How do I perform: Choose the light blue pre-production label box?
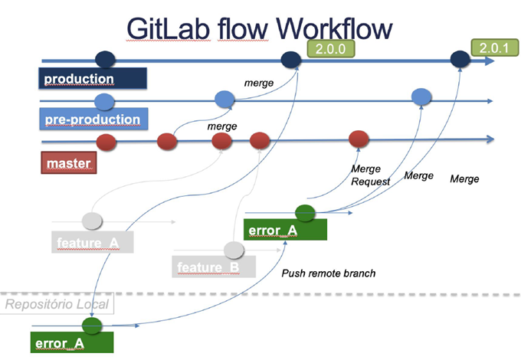click(91, 119)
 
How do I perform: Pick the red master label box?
click(68, 162)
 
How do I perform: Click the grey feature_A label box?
click(91, 243)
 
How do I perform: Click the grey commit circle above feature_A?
click(92, 221)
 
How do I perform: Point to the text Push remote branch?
click(329, 273)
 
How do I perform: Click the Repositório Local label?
click(58, 304)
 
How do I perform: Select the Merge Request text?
click(370, 175)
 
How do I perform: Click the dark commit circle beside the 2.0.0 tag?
click(291, 59)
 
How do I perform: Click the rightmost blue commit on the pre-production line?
click(421, 97)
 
